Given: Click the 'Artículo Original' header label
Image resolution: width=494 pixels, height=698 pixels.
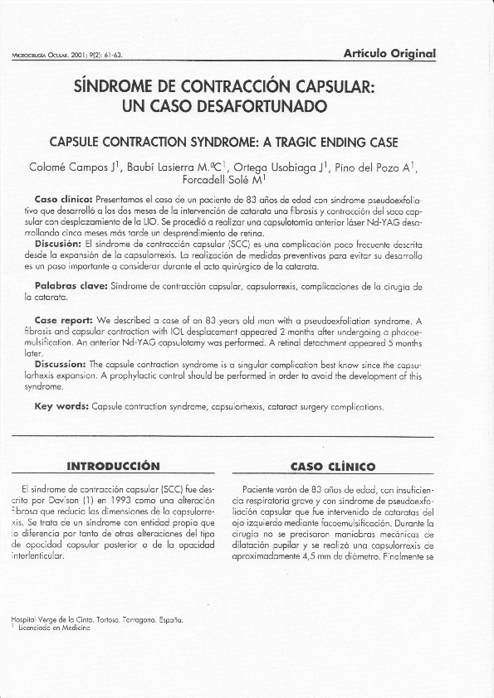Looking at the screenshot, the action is [389, 54].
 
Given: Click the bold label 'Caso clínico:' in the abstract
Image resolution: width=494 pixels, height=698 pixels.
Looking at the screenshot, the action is [63, 201].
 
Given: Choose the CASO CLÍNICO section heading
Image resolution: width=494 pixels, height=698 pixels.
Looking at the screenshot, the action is [335, 466].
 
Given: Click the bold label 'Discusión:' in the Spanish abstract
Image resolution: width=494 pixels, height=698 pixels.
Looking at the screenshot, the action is [57, 245].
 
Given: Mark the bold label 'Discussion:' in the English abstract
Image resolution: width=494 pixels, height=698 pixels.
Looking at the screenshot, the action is [61, 363].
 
